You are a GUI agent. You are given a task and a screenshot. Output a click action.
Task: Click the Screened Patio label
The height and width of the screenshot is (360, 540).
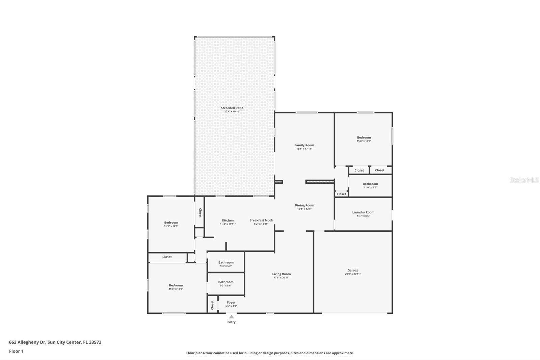[x=232, y=108]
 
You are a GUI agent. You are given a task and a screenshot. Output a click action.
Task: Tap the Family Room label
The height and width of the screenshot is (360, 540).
[x=304, y=145]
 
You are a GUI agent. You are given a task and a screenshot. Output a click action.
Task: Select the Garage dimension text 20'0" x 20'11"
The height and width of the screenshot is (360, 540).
[x=353, y=274]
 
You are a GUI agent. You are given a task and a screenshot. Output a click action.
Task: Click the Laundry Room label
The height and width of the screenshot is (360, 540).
[x=363, y=212]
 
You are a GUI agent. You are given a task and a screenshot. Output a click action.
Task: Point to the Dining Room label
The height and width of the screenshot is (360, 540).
[x=304, y=205]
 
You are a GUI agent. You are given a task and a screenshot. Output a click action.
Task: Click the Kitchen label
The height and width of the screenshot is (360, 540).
[x=228, y=220]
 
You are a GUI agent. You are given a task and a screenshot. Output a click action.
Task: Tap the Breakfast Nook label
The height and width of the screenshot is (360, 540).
[x=261, y=220]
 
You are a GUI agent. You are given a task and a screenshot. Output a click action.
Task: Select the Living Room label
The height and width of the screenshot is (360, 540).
[x=281, y=274]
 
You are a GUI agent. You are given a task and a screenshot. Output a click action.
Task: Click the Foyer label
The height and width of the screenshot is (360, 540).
[x=231, y=302]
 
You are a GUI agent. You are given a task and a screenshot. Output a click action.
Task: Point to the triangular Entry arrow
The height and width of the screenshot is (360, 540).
[x=232, y=316]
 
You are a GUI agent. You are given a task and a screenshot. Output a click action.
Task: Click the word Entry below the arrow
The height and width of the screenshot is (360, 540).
[x=232, y=322]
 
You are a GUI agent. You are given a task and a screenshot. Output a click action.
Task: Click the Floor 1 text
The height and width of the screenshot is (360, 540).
[x=17, y=351]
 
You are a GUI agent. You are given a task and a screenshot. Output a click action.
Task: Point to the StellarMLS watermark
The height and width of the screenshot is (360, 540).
[x=524, y=180]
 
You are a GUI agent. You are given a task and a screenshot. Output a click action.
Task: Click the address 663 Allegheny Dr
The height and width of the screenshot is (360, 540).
[x=27, y=342]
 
